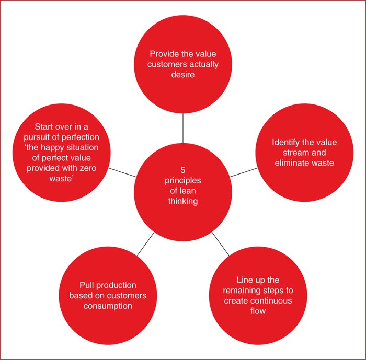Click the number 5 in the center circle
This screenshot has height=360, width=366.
[x=183, y=170]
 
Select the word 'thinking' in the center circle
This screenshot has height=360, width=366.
[x=183, y=201]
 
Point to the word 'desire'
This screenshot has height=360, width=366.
[x=183, y=75]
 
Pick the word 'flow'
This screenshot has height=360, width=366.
[x=258, y=311]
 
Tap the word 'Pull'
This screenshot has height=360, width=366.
[x=87, y=285]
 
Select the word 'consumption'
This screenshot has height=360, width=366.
[x=108, y=306]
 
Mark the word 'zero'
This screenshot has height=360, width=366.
[x=87, y=168]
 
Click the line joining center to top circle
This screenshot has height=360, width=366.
[x=183, y=129]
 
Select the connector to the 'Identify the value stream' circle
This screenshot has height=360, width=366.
[x=244, y=172]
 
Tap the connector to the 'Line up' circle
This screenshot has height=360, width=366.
[x=221, y=244]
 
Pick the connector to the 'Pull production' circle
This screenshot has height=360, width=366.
[x=145, y=245]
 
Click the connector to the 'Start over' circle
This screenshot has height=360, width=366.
[x=122, y=172]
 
